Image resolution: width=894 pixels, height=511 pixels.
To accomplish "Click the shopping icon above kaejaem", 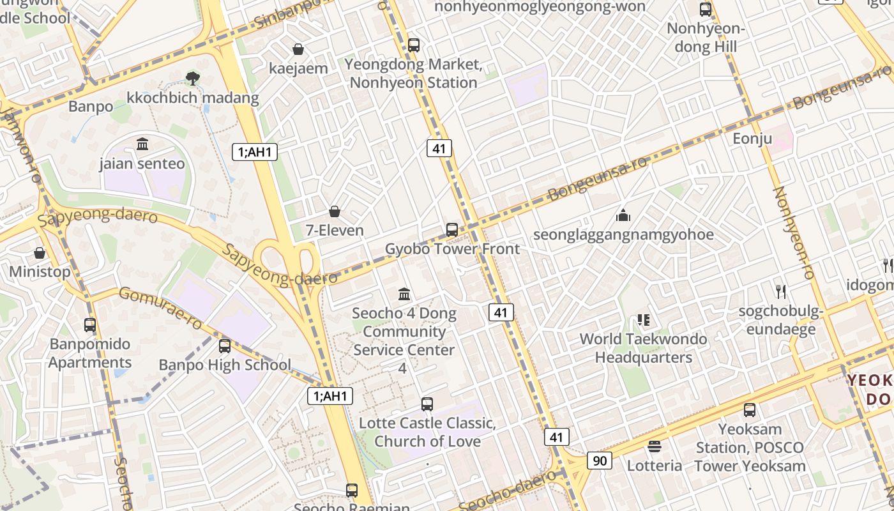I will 298,49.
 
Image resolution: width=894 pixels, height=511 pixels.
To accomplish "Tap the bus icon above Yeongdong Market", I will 414,45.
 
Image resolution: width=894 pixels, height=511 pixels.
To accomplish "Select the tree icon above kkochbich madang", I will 192,79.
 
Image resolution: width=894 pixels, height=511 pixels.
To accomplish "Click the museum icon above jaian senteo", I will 142,144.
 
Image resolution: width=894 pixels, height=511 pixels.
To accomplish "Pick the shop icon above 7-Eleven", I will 334,211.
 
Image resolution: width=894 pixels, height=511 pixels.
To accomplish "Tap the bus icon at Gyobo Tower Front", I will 452,229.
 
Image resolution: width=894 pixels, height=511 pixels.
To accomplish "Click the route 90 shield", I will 600,460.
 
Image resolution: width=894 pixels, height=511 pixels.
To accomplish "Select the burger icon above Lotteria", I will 654,446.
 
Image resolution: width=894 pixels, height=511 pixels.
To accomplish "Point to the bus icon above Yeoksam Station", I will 750,409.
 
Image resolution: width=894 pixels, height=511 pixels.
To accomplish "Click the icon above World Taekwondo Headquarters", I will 643,319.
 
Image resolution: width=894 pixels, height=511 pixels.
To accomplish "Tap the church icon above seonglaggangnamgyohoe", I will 623,215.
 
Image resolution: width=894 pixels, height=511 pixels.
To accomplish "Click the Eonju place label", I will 752,139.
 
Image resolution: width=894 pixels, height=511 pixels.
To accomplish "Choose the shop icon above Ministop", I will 40,253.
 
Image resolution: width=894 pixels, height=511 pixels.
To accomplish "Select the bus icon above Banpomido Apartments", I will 90,324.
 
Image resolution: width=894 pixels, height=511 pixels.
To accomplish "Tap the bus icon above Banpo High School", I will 225,346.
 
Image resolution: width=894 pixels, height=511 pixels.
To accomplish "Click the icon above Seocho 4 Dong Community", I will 404,294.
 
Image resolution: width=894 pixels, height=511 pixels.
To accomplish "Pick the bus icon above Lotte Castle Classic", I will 427,404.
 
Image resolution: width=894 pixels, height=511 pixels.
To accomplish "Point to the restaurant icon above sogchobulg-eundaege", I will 780,292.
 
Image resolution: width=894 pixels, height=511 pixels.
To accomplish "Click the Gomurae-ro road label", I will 160,308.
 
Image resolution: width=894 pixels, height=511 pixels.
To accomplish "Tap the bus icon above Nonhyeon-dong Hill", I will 706,10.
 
